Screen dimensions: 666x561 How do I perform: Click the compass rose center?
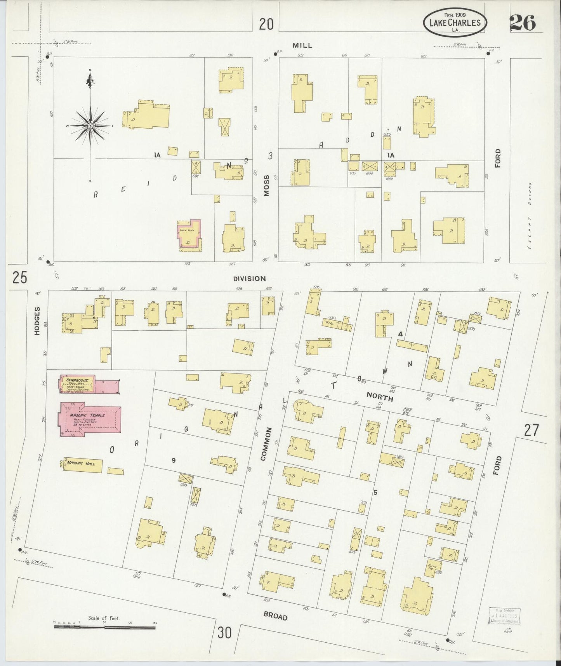(90, 126)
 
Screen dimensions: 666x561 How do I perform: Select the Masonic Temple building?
(90, 419)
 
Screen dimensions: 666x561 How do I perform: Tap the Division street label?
(249, 279)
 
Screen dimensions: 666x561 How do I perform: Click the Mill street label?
(302, 45)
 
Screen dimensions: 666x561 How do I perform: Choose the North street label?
(380, 397)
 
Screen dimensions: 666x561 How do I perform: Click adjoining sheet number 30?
(224, 633)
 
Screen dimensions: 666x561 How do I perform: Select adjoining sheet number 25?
(19, 278)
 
